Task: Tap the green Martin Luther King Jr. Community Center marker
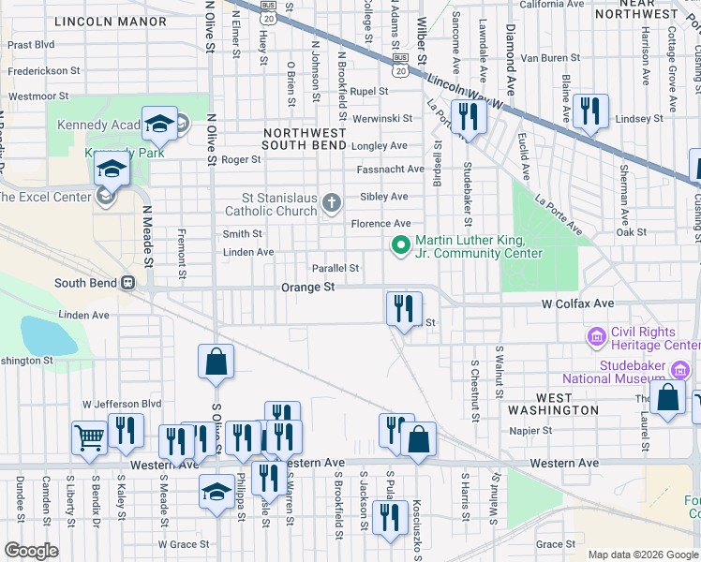pyautogui.click(x=400, y=246)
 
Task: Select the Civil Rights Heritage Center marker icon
pyautogui.click(x=595, y=336)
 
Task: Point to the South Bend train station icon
pyautogui.click(x=127, y=283)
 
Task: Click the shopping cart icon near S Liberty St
pyautogui.click(x=89, y=437)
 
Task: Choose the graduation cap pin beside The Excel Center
pyautogui.click(x=111, y=170)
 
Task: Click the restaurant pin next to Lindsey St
pyautogui.click(x=589, y=111)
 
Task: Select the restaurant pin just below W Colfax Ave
pyautogui.click(x=404, y=308)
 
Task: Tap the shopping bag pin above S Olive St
pyautogui.click(x=216, y=362)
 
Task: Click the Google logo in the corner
pyautogui.click(x=31, y=551)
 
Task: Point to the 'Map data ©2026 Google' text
pyautogui.click(x=642, y=555)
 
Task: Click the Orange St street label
pyautogui.click(x=308, y=288)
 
